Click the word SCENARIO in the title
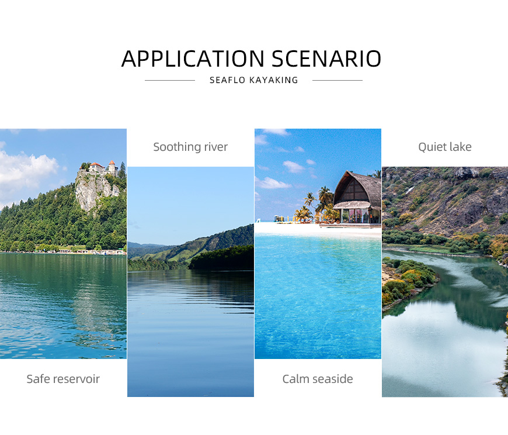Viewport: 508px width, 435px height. (x=326, y=58)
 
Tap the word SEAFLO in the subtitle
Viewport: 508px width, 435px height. (x=228, y=80)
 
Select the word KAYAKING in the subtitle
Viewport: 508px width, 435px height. (x=274, y=80)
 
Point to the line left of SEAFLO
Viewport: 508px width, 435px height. (x=170, y=80)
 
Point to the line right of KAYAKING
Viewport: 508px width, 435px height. (x=337, y=80)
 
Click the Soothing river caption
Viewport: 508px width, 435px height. (x=190, y=147)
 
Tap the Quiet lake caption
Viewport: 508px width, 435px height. (x=445, y=147)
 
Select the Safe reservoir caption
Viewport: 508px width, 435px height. (x=63, y=379)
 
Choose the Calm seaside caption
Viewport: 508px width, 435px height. (x=318, y=379)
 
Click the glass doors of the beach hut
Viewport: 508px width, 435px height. (x=355, y=216)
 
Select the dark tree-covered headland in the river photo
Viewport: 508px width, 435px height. (x=222, y=258)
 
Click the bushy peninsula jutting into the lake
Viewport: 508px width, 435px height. (x=409, y=282)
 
